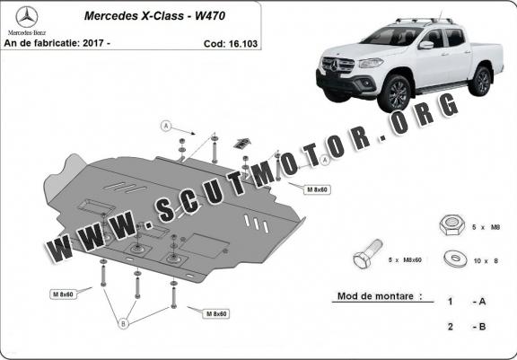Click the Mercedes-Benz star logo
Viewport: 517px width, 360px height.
pos(27,17)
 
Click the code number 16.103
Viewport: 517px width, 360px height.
pos(242,44)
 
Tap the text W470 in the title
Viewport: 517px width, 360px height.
pos(210,15)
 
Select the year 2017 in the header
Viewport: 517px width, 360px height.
pos(93,43)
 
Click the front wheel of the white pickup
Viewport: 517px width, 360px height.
pos(396,94)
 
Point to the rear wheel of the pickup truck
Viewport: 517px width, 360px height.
pos(480,81)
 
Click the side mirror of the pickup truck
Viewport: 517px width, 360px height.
pos(425,45)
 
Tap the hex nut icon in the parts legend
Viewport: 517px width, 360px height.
pos(452,224)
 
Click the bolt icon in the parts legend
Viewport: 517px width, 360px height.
pos(368,254)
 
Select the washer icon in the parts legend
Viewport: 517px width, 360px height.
pos(456,259)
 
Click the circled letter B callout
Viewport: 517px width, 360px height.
pos(123,324)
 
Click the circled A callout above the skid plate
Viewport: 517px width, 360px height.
pos(166,126)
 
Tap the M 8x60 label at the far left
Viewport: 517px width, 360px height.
pos(64,294)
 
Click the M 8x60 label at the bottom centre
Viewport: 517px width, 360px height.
pos(216,313)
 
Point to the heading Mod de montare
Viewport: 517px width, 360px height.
pos(375,295)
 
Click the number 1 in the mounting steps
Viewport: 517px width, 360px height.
pos(451,302)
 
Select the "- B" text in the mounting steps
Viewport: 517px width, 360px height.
pos(479,327)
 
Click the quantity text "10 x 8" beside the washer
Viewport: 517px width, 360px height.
pos(486,261)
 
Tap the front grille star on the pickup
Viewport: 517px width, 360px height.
pos(334,65)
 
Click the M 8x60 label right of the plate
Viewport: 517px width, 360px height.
pos(317,189)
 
